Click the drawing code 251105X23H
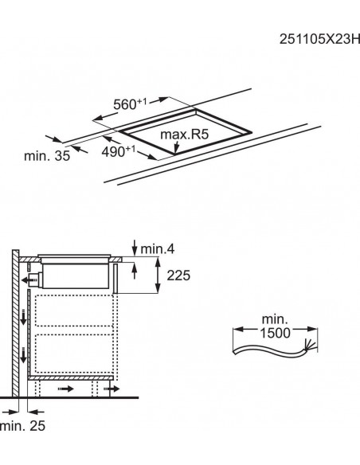coord(319,39)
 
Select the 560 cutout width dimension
coord(130,104)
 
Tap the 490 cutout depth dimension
coord(119,151)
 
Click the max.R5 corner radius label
coord(185,134)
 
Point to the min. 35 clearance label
coord(47,156)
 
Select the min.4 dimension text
coord(158,249)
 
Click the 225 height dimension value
coord(178,275)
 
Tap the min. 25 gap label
coord(23,426)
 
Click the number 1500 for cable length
coord(276,333)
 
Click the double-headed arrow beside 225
coord(158,275)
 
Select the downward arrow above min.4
coord(135,248)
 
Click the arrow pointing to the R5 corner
coord(177,147)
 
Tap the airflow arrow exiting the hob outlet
coord(29,279)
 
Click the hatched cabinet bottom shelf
coord(71,377)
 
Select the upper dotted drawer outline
coord(74,311)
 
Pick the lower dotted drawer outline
coord(74,354)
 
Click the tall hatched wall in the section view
coord(15,323)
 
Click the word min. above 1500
coord(275,320)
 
